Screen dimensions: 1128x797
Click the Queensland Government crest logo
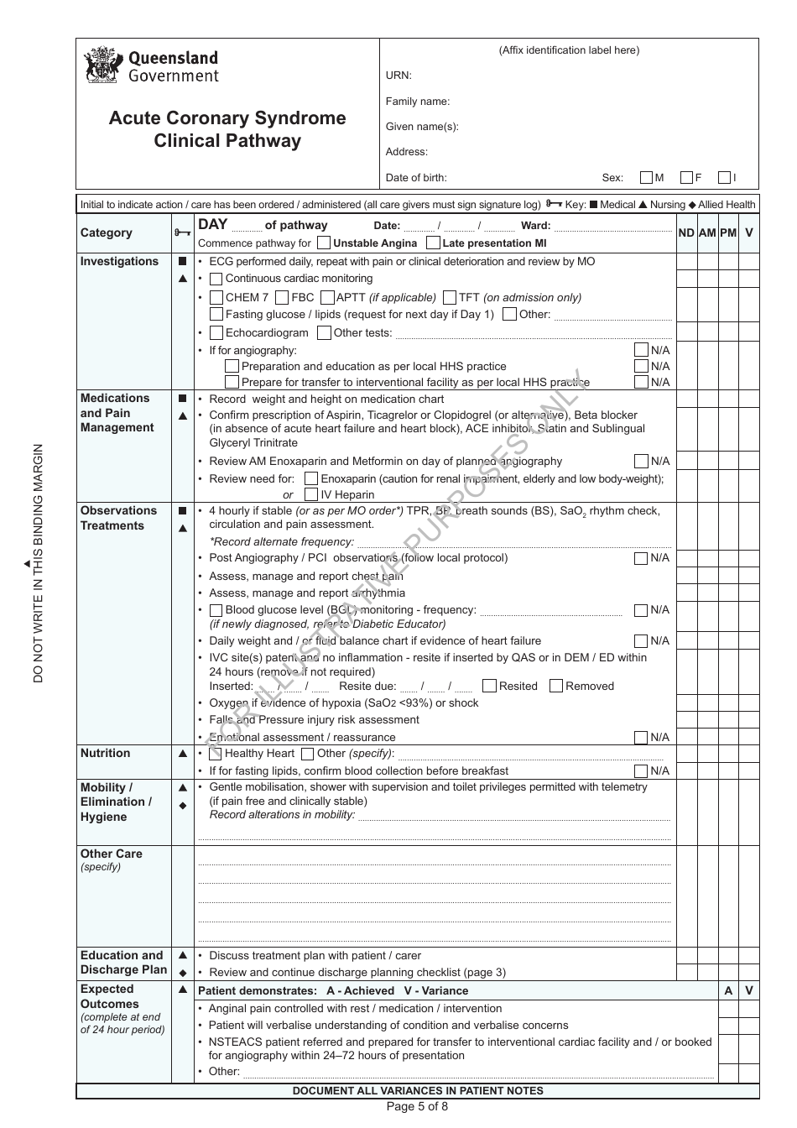[104, 65]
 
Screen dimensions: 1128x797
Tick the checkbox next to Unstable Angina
[324, 243]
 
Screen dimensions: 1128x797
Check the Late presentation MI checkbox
[433, 243]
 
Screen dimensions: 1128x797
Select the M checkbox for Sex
[646, 178]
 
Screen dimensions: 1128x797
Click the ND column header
[686, 232]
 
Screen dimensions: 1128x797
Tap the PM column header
[728, 232]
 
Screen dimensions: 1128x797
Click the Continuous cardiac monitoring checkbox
[216, 279]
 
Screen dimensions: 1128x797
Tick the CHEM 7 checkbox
[216, 297]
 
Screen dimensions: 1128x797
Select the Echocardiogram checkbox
[216, 332]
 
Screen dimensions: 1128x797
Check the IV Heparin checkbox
[311, 495]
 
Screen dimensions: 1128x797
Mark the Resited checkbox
[490, 686]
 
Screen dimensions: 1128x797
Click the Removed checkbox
[555, 686]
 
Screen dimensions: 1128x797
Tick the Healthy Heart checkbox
[216, 754]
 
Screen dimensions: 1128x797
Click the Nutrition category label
[106, 754]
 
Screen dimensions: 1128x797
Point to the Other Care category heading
[112, 854]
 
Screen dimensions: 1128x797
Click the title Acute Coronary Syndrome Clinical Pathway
[227, 129]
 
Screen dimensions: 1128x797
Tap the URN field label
[398, 76]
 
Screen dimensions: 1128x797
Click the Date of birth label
[416, 178]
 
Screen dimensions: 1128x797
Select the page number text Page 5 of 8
[417, 1106]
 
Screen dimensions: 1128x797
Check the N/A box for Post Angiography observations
[641, 558]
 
